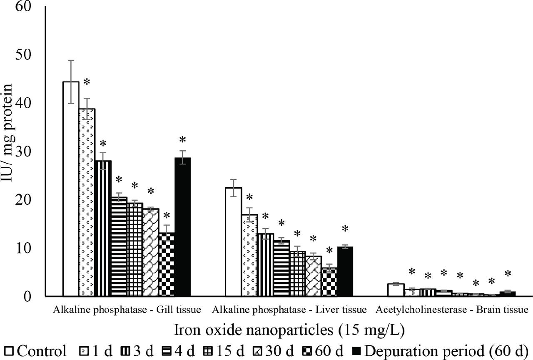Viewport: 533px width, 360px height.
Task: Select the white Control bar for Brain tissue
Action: coord(396,290)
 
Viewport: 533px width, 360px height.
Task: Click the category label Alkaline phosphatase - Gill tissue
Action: coord(127,310)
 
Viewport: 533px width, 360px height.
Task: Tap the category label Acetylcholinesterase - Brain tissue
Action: coord(452,310)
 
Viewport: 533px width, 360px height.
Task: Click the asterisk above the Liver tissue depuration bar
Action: coord(345,229)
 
